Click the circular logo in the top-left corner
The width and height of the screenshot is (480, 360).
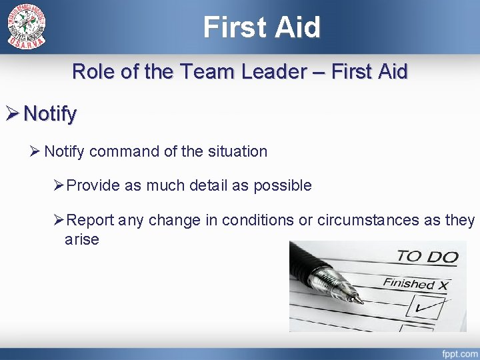tap(27, 27)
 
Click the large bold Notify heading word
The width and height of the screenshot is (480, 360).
tap(50, 114)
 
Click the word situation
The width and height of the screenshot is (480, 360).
tap(236, 152)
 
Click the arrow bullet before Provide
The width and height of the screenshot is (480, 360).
tap(58, 186)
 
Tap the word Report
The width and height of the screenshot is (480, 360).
tap(91, 220)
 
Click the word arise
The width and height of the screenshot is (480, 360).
tap(81, 239)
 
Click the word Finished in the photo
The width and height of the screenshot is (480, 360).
tap(408, 283)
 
